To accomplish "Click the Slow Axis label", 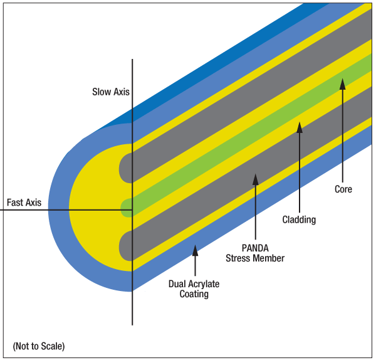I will point(110,92).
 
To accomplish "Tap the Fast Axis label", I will point(24,203).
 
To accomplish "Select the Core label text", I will point(343,189).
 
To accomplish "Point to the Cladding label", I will point(299,220).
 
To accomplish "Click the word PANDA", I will point(255,248).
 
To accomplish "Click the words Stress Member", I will point(255,258).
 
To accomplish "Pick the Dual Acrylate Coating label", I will point(194,289).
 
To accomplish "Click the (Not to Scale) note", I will point(38,346).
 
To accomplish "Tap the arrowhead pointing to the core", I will point(342,83).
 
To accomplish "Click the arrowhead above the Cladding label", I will point(300,127).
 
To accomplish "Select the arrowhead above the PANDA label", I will point(255,179).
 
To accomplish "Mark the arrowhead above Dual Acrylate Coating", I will point(195,250).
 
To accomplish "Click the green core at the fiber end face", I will point(126,208).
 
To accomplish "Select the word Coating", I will point(194,294).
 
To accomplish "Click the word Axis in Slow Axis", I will point(121,92).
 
